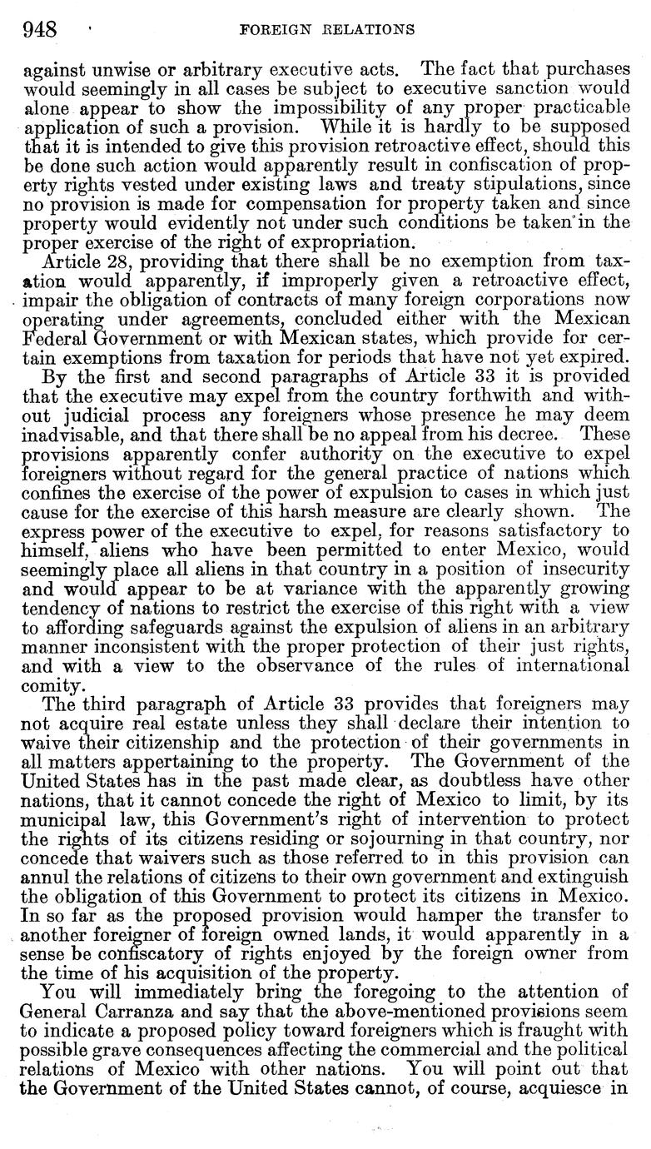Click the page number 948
(x=39, y=31)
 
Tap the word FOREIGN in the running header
(x=273, y=31)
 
